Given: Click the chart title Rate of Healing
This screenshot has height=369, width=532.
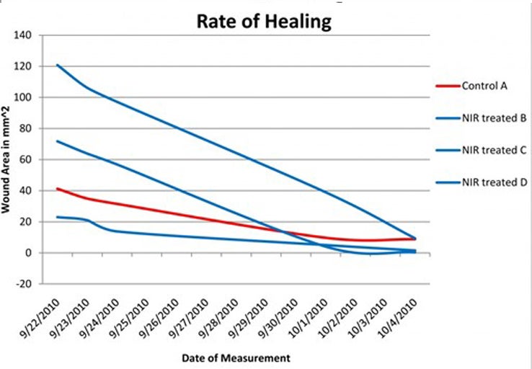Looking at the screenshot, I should click(x=264, y=22).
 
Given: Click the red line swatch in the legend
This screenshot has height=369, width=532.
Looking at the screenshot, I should click(x=448, y=86).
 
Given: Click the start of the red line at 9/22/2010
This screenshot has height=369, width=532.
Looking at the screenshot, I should click(x=57, y=189).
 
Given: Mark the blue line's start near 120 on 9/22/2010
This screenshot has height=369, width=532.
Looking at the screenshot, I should click(x=57, y=65).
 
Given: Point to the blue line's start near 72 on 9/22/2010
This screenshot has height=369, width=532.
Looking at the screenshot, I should click(x=57, y=141).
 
